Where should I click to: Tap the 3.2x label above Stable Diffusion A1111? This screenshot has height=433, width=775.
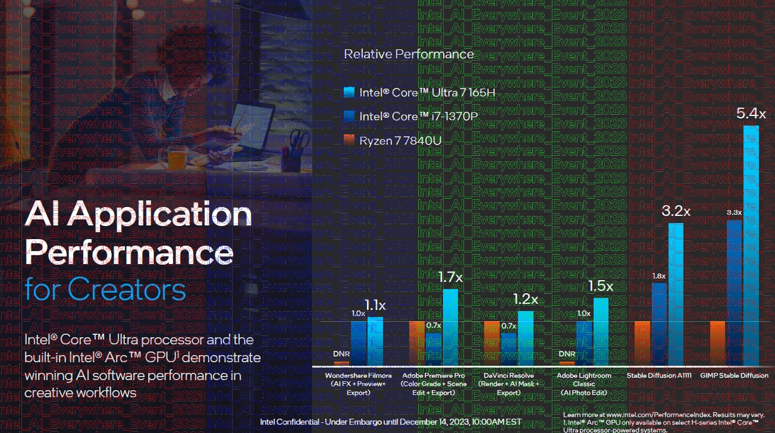(x=676, y=211)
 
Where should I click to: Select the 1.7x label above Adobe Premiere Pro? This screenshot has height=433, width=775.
(x=451, y=277)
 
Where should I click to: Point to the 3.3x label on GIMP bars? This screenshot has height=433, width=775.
(x=734, y=212)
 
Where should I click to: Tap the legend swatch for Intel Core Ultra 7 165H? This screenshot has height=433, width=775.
(x=349, y=92)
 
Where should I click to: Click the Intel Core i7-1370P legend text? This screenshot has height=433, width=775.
(x=418, y=116)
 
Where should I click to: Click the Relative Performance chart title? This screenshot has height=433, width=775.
(x=409, y=54)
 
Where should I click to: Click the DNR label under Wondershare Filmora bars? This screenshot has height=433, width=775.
(x=341, y=354)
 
